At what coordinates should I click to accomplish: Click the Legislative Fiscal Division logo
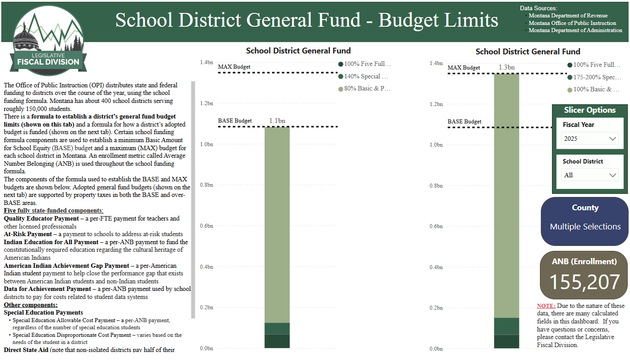point(48,41)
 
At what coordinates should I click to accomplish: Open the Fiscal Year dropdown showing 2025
point(589,139)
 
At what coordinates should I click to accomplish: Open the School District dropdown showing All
point(589,175)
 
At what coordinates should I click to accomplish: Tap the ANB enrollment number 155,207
point(585,282)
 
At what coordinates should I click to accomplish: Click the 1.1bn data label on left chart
point(277,121)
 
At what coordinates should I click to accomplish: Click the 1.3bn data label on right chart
point(506,68)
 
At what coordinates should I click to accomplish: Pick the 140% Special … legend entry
point(363,77)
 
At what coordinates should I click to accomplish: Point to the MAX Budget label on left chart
point(234,67)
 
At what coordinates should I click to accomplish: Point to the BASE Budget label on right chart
point(464,122)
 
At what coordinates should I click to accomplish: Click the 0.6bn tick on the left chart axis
point(206,226)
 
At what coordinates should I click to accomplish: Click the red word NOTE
point(546,306)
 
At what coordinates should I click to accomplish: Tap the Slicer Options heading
point(589,110)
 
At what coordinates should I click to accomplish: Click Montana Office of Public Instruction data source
point(572,23)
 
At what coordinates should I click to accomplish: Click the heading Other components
point(31,305)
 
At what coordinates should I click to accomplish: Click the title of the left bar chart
point(298,51)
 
